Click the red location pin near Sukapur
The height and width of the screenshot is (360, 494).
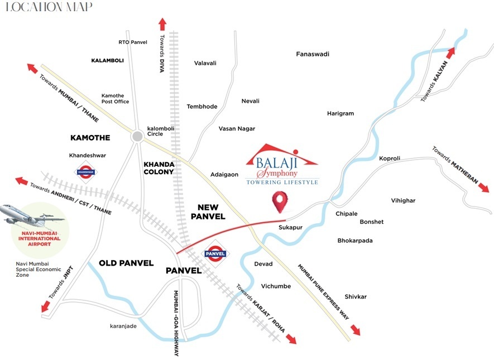(x=283, y=201)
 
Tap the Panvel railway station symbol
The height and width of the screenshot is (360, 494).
(x=215, y=253)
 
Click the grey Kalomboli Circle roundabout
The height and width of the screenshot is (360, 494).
(x=137, y=136)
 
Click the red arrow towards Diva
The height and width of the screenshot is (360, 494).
(x=162, y=24)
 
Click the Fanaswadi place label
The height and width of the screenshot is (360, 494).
(x=313, y=54)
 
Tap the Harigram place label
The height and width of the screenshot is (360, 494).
(x=340, y=113)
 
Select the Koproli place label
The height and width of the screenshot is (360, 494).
(x=390, y=159)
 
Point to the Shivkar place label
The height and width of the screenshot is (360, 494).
(x=356, y=297)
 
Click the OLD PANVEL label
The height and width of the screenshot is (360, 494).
(x=126, y=263)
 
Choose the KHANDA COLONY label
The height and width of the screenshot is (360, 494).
(x=159, y=168)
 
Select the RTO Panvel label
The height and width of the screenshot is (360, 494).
(x=132, y=42)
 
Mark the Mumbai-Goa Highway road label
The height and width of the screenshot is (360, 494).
(x=176, y=324)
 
